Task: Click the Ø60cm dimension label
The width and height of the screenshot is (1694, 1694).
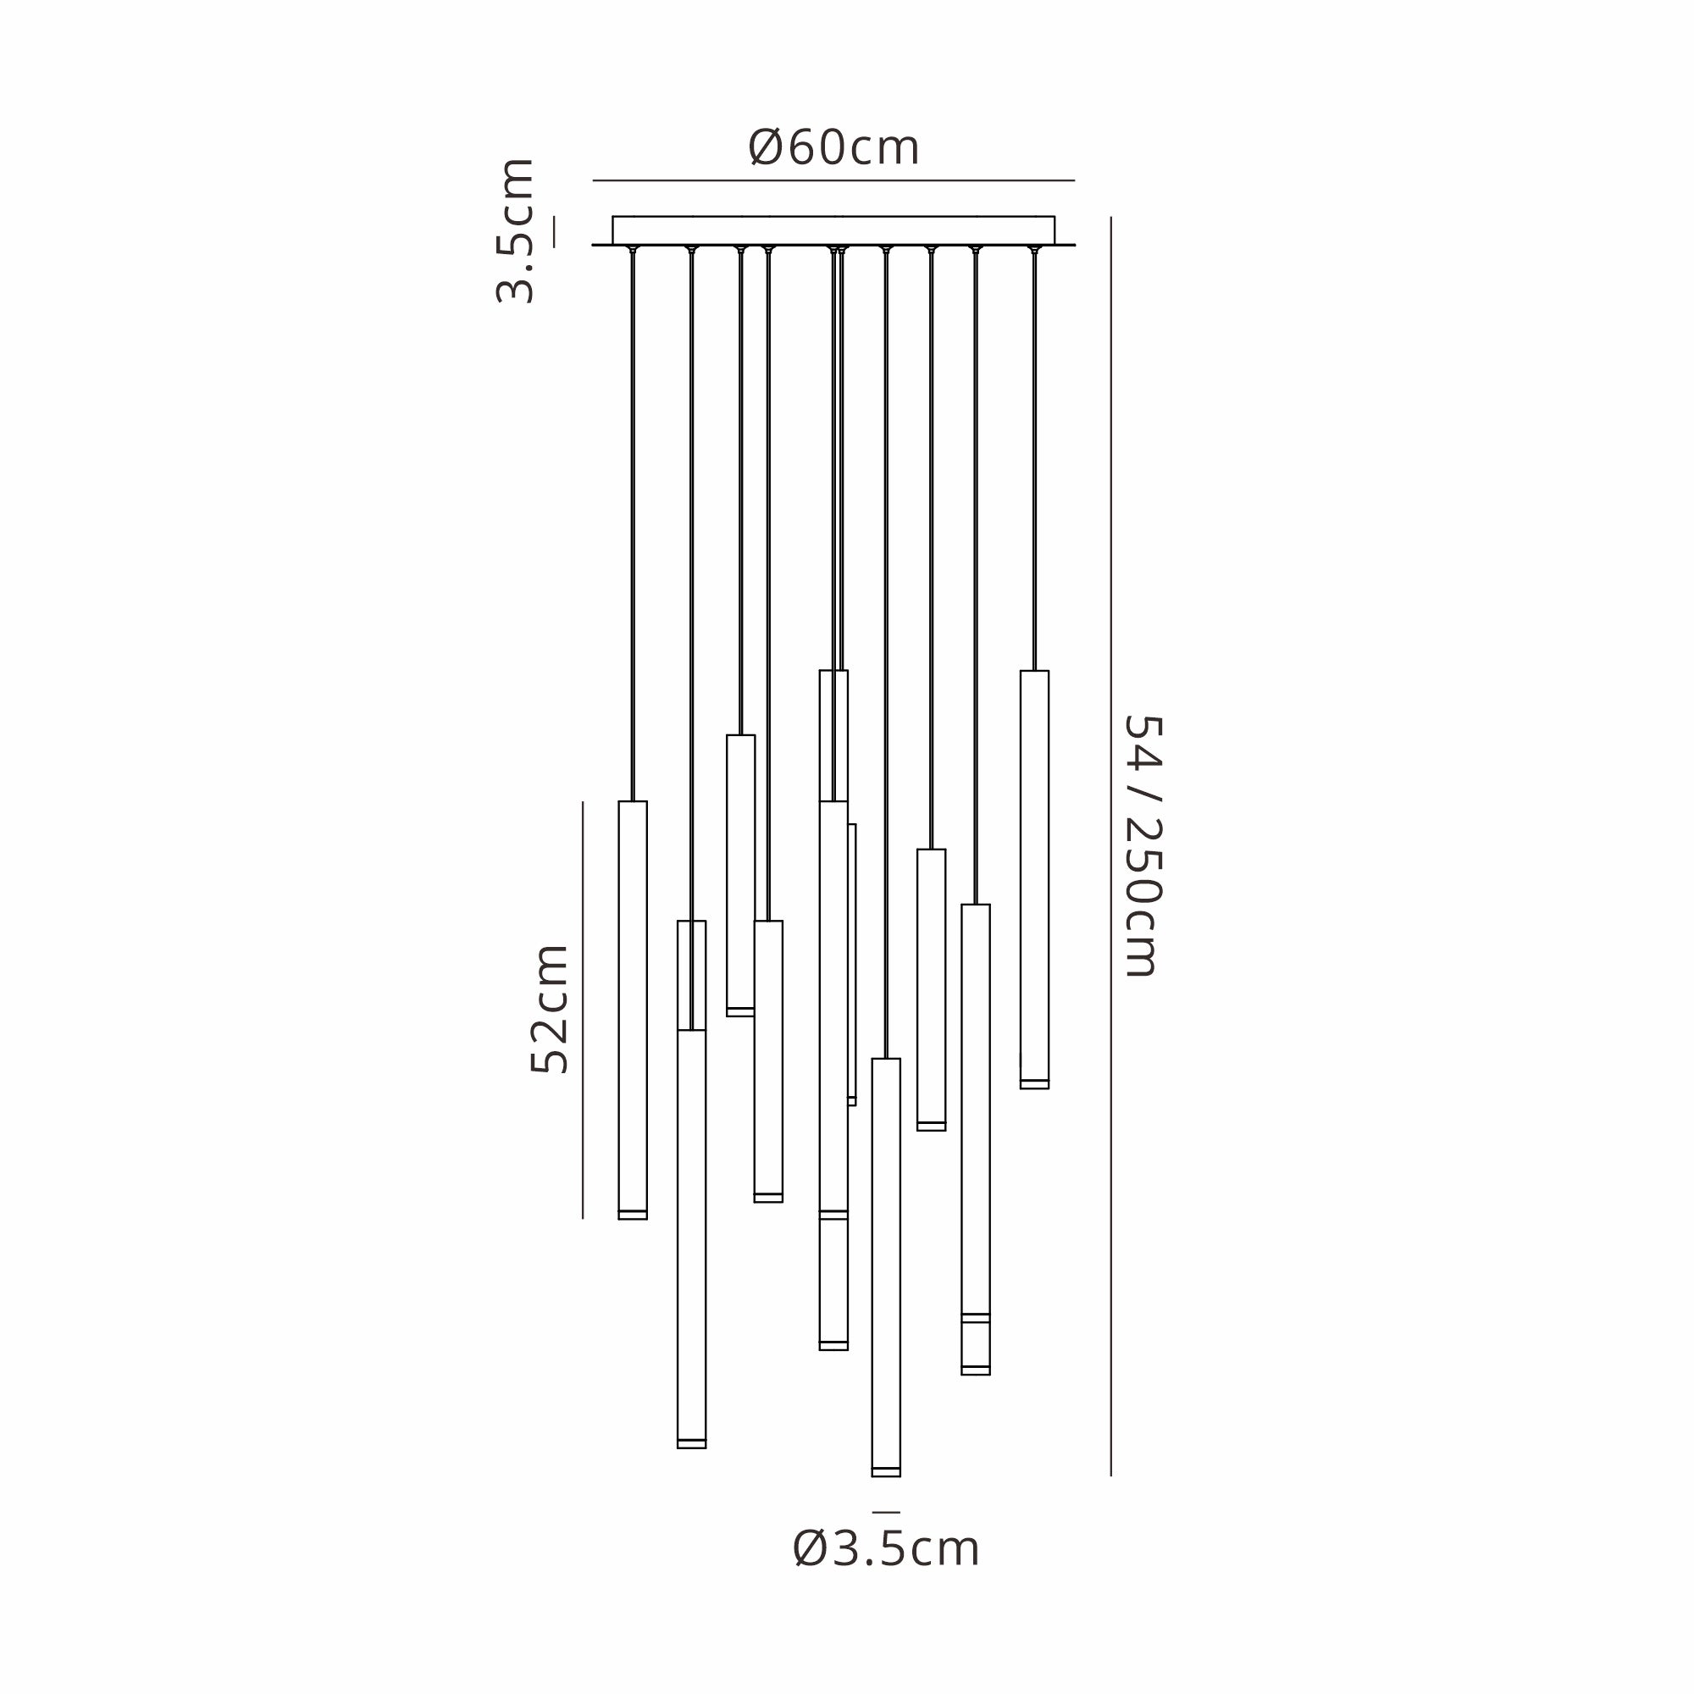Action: click(833, 147)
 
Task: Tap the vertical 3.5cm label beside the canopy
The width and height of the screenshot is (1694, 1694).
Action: click(516, 231)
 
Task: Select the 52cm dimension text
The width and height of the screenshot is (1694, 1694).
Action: click(550, 1010)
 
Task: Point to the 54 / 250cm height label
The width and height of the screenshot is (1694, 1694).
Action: click(1143, 846)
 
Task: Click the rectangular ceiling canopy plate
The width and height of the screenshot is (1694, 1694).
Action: click(833, 230)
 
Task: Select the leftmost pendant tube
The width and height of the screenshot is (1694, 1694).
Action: click(633, 1010)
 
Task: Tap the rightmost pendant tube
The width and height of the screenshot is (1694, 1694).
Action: click(1035, 879)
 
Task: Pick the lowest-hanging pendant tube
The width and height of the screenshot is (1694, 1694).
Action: click(886, 1268)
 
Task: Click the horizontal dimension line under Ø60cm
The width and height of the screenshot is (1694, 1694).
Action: click(833, 180)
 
